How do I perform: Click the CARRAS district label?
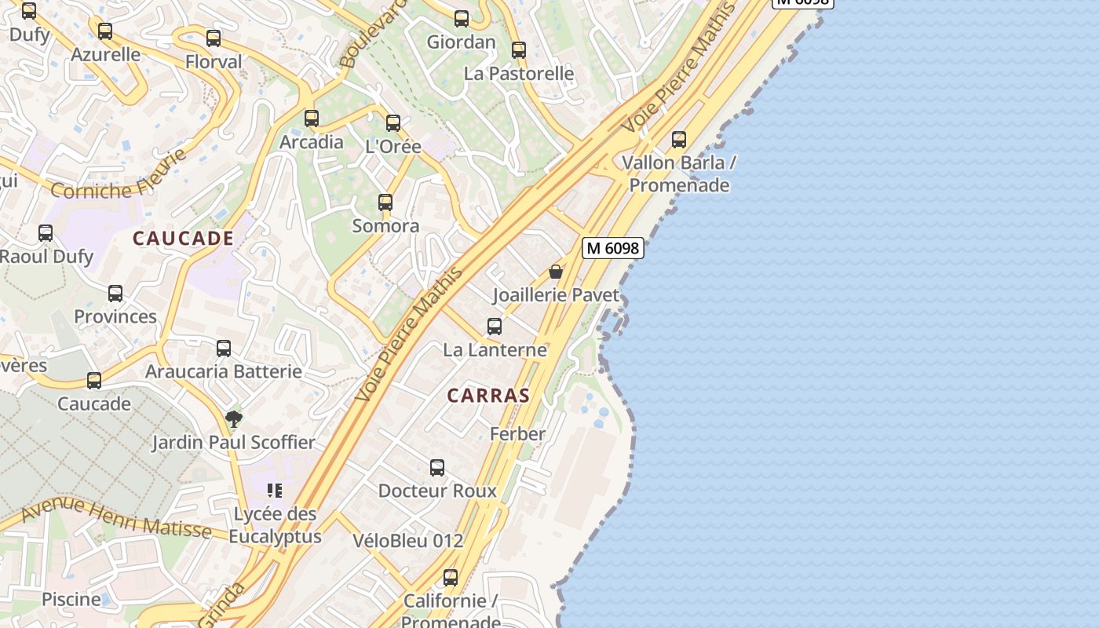coord(488,396)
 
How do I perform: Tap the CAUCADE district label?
coord(183,239)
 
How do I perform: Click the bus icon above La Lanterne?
coord(495,326)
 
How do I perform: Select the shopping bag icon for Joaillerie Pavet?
coord(556,272)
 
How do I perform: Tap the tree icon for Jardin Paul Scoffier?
coord(233,418)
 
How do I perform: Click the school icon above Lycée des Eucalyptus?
coord(274,491)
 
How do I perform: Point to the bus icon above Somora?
coord(385,203)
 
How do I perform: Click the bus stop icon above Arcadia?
coord(312,119)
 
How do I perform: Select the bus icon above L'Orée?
coord(393,123)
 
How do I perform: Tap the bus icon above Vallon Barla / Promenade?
coord(679,140)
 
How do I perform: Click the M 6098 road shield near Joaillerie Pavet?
coord(612,248)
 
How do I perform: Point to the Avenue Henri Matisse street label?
coord(116,519)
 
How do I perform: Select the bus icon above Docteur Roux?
coord(437,468)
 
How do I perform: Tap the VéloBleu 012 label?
coord(407,541)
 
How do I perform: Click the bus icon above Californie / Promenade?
coord(451,578)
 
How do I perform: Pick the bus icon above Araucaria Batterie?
coord(224,348)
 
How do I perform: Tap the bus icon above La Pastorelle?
coord(519,50)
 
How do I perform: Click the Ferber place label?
coord(517,434)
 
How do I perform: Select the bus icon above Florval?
coord(214,38)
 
